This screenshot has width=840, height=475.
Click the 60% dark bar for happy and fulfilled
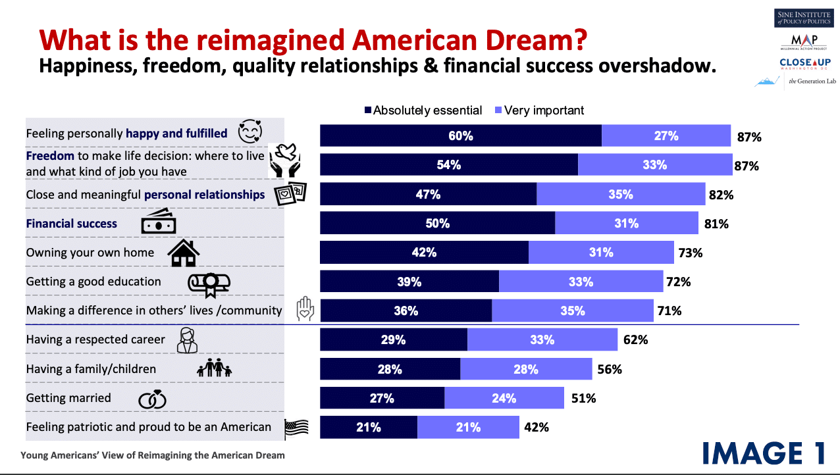460,136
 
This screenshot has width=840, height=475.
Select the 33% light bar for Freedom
654,165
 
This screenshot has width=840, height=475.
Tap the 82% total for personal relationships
721,195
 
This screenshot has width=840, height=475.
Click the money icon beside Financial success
159,223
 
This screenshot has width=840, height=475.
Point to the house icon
184,253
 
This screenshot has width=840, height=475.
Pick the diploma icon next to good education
209,283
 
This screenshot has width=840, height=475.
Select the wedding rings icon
152,399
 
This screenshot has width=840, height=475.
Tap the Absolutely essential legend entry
423,111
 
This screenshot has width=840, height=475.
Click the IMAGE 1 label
764,453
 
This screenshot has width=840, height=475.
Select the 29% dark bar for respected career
393,340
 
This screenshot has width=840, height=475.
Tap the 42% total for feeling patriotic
536,428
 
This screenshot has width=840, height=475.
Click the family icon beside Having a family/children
215,369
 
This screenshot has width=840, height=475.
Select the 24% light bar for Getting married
504,398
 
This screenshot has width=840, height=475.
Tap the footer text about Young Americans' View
153,455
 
